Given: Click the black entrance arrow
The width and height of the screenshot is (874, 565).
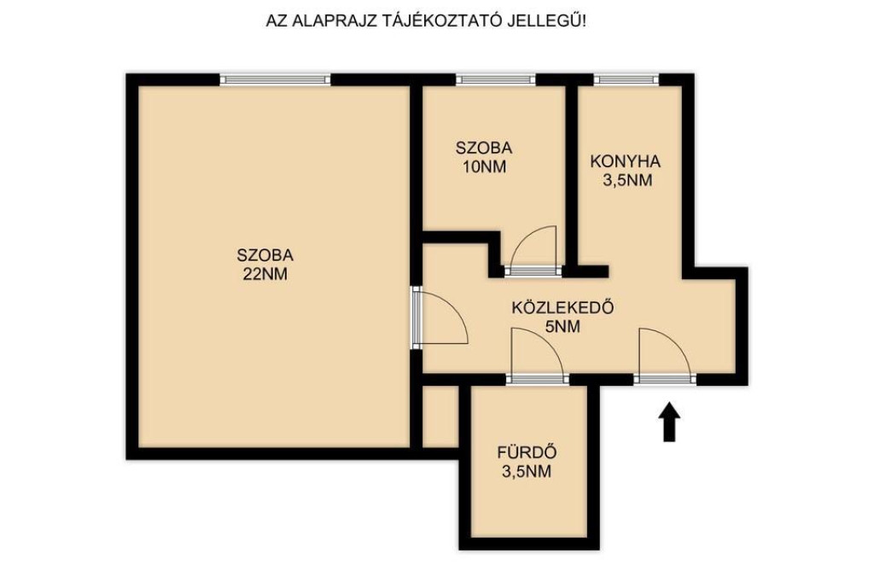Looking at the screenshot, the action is point(669,422).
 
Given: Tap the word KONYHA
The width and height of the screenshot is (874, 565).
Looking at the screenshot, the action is point(626,161).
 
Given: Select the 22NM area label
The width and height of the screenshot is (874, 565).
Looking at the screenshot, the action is point(265,274).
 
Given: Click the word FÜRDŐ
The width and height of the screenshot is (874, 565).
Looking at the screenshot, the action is point(527,452).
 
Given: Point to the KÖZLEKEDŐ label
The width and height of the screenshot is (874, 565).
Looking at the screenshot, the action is point(563,307).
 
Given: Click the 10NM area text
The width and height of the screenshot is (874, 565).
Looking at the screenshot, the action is point(485,166).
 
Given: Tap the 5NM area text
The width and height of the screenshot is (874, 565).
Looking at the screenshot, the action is point(563,327).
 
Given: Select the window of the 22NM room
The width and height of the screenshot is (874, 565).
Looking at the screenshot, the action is point(276,79).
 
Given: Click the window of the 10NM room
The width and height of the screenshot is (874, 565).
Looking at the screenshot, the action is point(496,79).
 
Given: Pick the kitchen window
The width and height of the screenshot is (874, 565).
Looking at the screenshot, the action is point(626,79).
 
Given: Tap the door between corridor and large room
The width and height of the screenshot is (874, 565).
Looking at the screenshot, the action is point(440,317).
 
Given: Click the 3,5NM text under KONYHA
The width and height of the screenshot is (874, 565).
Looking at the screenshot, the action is point(627,181).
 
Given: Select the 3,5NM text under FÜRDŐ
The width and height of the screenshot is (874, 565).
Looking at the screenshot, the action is point(527,472).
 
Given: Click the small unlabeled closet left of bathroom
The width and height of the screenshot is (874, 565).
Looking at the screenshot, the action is point(440,416).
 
